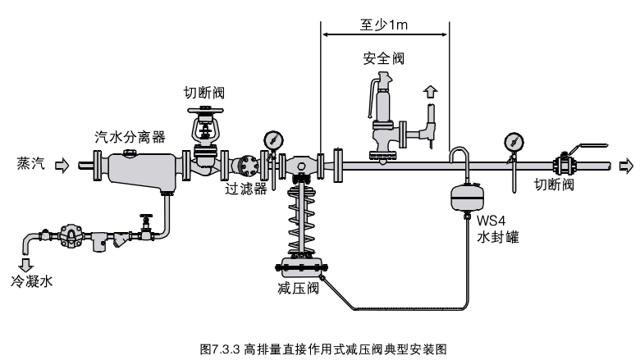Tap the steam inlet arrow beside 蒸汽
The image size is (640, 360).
(x=62, y=165)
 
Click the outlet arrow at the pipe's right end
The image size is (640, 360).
(x=628, y=166)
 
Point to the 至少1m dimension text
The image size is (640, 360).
(x=384, y=25)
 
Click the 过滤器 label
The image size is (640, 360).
(x=243, y=188)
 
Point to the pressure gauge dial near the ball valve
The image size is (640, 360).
(x=514, y=140)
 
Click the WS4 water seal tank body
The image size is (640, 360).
(x=465, y=198)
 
